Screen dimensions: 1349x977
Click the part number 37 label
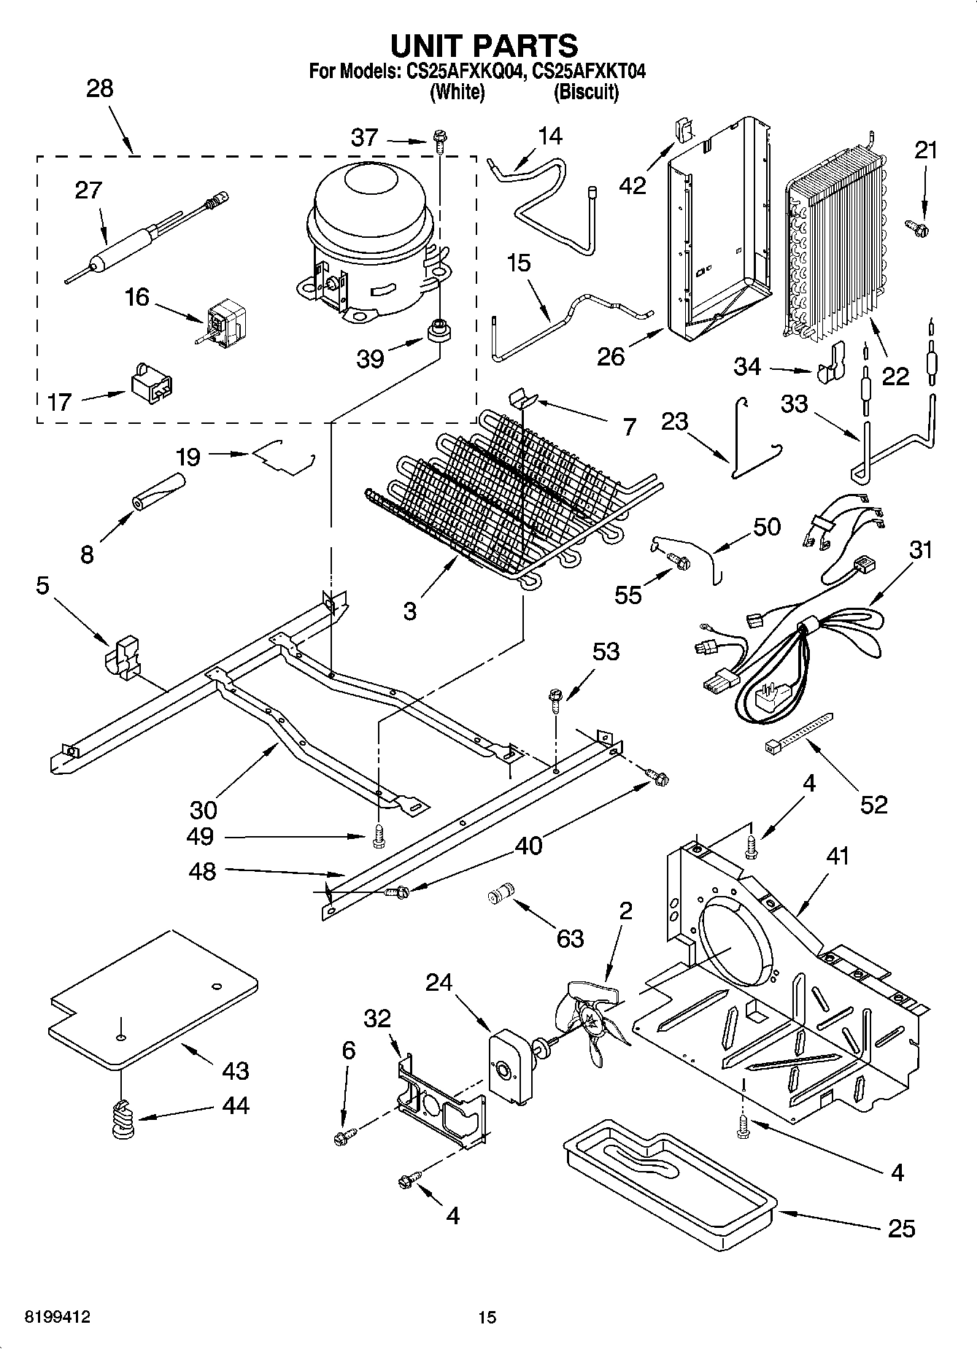coord(365,137)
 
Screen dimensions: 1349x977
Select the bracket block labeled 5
coord(123,657)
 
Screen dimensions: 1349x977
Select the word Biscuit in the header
coord(586,93)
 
